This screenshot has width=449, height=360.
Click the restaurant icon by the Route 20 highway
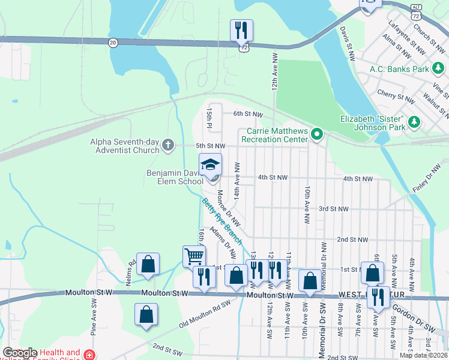241,29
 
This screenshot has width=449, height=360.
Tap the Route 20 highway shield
112,42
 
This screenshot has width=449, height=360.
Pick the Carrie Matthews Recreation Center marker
318,134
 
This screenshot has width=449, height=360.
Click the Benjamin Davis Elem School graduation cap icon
211,164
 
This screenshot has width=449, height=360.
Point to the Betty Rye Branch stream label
221,221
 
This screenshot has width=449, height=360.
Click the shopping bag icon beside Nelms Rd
148,263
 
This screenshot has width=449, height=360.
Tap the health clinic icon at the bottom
89,355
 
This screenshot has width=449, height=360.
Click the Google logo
20,353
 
